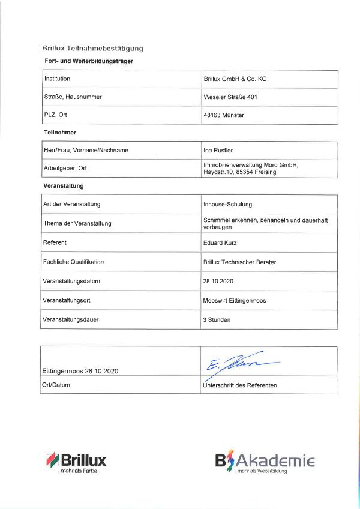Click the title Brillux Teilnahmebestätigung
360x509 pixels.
(93, 49)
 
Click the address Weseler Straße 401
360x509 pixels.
(231, 97)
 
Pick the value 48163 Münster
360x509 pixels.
(224, 115)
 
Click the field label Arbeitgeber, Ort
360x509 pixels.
(65, 168)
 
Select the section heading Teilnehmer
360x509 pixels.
(60, 131)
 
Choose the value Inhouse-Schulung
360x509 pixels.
(227, 204)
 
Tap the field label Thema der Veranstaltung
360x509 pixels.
(77, 223)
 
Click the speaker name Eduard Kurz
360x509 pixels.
(220, 242)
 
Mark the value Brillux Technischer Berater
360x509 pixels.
(239, 262)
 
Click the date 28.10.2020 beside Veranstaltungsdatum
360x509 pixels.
(218, 281)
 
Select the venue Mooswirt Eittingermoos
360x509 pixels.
(235, 300)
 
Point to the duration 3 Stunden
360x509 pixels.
(217, 319)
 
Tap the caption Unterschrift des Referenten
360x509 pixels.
(240, 385)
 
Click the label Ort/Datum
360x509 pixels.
(56, 385)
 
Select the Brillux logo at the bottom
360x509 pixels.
(76, 461)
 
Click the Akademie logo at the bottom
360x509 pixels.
(265, 461)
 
